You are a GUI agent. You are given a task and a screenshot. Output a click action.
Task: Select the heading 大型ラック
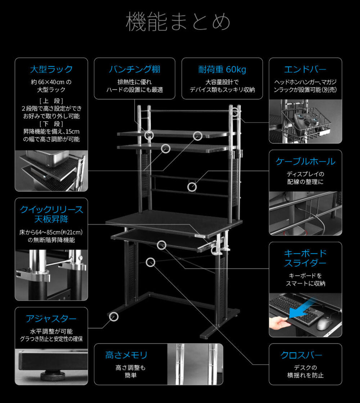point(51,69)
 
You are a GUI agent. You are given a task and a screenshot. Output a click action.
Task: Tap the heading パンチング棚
point(135,69)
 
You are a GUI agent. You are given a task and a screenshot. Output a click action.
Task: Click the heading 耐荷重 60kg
point(222,70)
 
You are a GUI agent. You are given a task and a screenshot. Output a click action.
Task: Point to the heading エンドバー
point(305,69)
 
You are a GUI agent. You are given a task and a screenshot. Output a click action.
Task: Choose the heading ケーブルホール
point(305,161)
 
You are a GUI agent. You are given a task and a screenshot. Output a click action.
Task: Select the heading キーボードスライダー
point(305,258)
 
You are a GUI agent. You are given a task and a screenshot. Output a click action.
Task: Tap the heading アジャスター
point(51,319)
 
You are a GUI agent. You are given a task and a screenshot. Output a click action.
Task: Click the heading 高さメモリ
point(126,355)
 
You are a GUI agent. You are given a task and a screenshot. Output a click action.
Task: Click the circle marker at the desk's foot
point(114,317)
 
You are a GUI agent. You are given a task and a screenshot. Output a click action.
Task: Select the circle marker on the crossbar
point(150,262)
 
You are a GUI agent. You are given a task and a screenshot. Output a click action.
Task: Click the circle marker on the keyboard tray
point(162,245)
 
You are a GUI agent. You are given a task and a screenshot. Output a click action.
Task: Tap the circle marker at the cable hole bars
point(192,187)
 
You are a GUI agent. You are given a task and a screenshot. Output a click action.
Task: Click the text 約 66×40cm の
point(51,82)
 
